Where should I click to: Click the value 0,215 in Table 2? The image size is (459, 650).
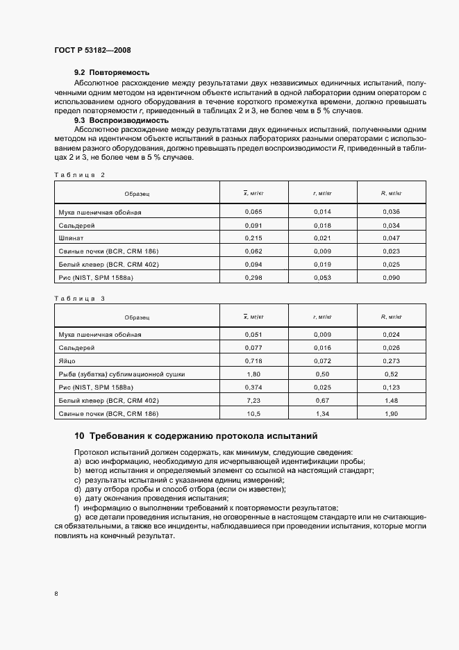[x=254, y=238]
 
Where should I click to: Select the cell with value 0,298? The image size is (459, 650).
[x=254, y=278]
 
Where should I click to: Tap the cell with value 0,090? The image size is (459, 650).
[x=392, y=278]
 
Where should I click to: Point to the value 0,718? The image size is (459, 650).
[x=254, y=361]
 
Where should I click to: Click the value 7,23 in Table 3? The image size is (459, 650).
[x=254, y=401]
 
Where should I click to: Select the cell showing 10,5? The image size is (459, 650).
[x=254, y=414]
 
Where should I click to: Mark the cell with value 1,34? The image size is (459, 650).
[x=323, y=414]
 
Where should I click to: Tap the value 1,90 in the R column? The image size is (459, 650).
[x=392, y=414]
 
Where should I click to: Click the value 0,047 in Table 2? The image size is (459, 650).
[x=392, y=238]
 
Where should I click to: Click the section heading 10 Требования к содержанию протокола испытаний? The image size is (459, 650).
[x=196, y=437]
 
